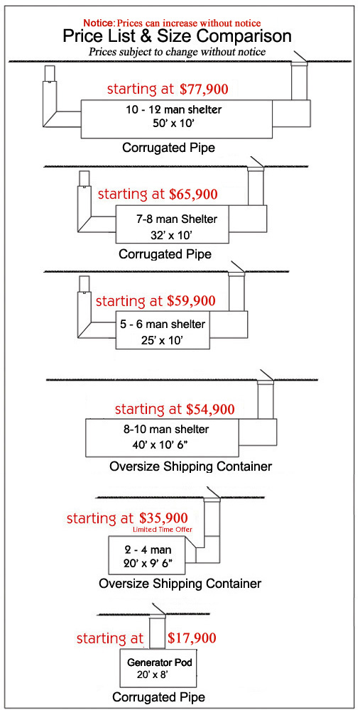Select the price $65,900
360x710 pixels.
click(193, 195)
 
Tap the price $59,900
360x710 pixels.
click(191, 300)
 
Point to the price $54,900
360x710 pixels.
click(211, 409)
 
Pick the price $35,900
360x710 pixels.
click(163, 518)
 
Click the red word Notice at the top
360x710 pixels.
click(99, 22)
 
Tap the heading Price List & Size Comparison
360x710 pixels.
click(177, 35)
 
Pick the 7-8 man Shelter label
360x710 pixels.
click(177, 219)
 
